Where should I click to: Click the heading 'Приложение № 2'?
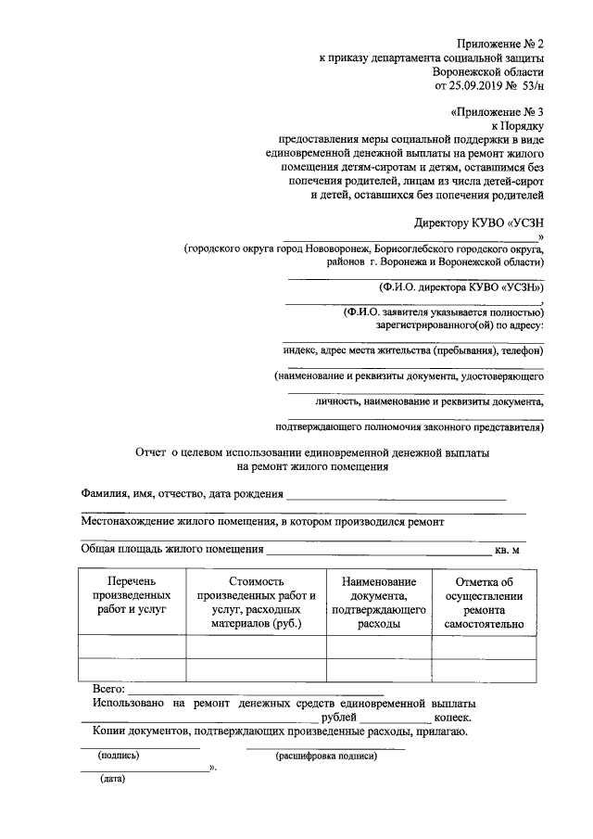coord(499,44)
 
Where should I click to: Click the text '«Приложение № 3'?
coord(497,111)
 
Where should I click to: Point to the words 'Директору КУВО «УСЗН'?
coord(478,222)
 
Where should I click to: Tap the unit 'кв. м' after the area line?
coord(511,550)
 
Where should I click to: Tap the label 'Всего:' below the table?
coord(108,690)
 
